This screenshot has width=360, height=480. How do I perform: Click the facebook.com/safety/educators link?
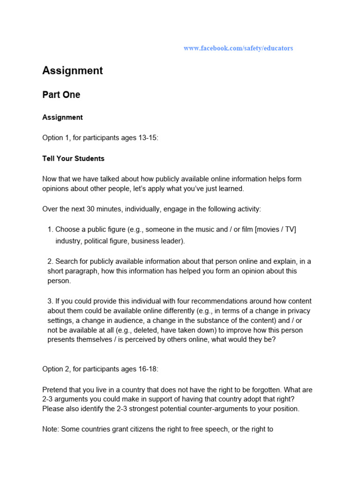pos(238,48)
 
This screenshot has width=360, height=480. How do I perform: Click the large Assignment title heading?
pos(73,71)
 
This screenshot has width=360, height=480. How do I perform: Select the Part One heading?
pos(61,95)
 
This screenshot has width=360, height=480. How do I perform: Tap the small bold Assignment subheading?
pos(62,117)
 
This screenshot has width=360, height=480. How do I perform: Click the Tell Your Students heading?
pos(74,158)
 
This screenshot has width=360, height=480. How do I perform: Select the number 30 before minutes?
pos(91,209)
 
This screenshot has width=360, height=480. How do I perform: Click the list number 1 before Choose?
pos(50,230)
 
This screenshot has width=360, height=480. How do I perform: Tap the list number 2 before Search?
pos(50,261)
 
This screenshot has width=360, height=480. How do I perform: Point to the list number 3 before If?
pos(50,301)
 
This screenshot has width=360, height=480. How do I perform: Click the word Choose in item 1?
pos(67,230)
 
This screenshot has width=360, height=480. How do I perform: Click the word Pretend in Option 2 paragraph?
pos(55,390)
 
